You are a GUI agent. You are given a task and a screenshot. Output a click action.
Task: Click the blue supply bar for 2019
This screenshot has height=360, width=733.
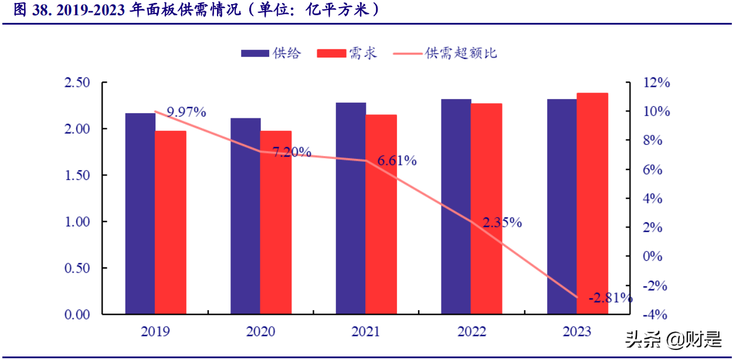click(140, 213)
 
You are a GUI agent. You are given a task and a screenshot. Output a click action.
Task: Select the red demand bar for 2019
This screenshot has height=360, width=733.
click(171, 222)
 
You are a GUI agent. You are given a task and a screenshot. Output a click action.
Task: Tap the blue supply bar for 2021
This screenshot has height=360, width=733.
click(351, 208)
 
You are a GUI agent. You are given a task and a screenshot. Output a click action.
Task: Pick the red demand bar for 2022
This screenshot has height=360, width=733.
click(487, 209)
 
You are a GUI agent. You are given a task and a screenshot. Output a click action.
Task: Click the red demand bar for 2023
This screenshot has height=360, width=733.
click(592, 203)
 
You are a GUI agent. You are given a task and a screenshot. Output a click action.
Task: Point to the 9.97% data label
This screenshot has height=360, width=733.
click(186, 112)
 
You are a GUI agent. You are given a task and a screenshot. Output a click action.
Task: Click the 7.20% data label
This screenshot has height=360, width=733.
click(291, 152)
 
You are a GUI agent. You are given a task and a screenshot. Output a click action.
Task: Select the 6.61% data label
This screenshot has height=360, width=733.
click(397, 161)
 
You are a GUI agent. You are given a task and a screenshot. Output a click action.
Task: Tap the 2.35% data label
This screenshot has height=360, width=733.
click(503, 222)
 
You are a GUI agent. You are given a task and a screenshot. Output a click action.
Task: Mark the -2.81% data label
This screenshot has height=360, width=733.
click(610, 298)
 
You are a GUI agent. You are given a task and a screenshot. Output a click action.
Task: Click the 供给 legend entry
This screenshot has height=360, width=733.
click(271, 53)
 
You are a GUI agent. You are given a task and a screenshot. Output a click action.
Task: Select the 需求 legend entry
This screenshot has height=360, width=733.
click(347, 53)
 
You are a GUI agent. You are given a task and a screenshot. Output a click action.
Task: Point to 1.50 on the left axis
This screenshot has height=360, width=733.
click(77, 175)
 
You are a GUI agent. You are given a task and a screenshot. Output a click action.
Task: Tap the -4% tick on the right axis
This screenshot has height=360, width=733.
click(654, 315)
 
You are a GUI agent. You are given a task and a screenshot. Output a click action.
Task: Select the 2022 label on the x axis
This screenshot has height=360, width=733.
click(471, 332)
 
